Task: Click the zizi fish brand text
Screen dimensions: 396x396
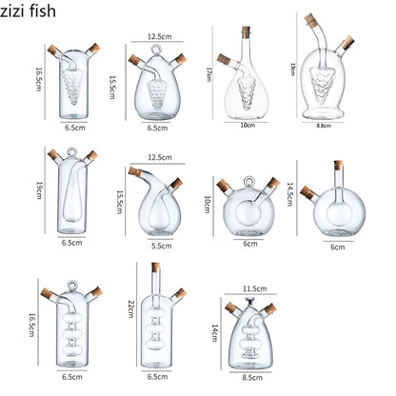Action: coord(34,13)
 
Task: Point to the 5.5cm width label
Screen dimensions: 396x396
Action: coord(162,246)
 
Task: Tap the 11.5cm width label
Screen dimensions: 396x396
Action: coord(253,287)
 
